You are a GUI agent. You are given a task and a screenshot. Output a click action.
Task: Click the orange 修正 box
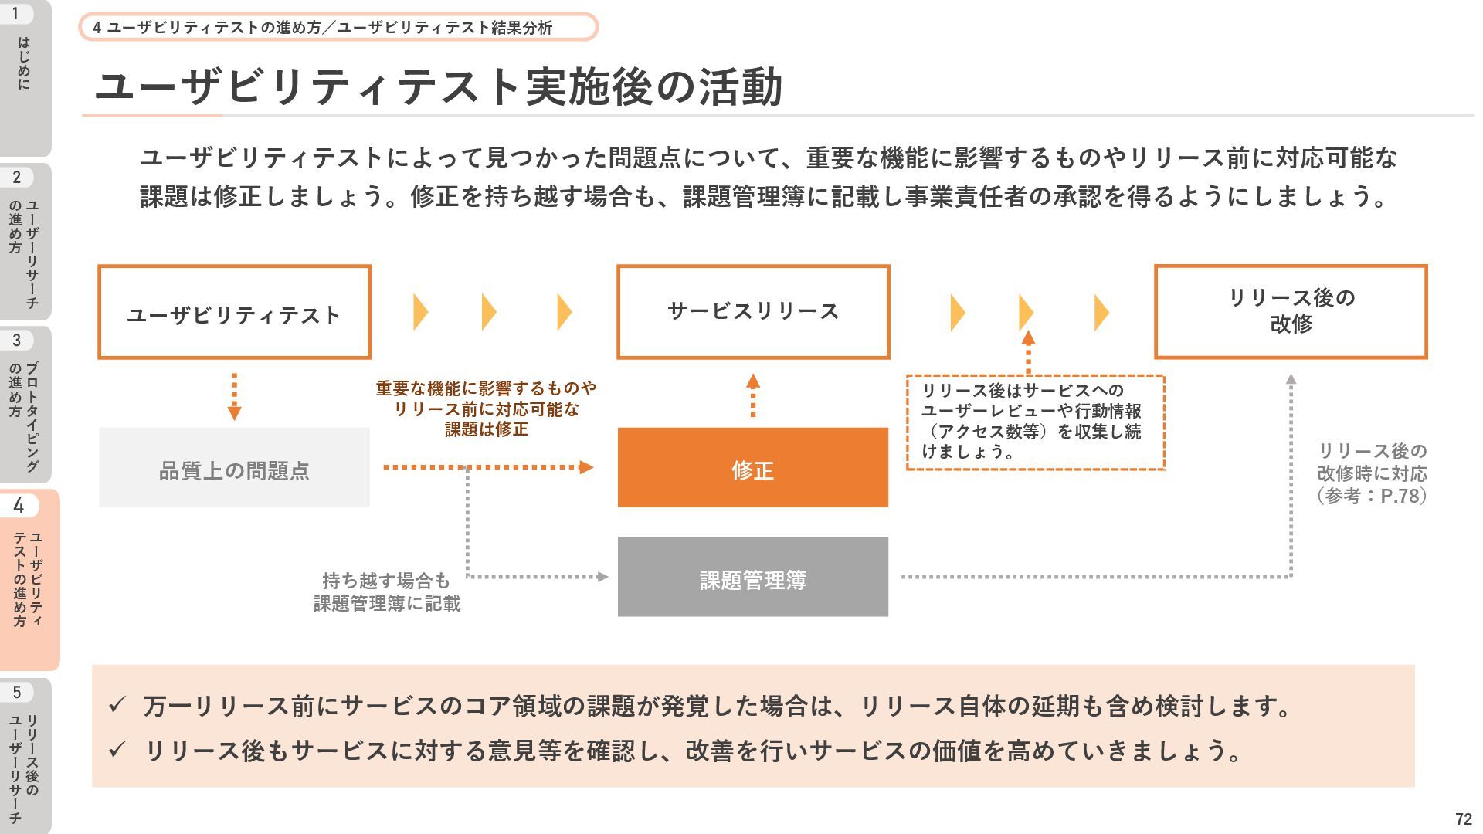pos(753,467)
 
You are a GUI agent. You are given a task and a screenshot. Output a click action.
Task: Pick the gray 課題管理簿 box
pos(753,577)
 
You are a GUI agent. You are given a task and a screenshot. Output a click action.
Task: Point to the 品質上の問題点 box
pos(234,467)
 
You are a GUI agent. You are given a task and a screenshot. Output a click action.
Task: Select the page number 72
pos(1463,819)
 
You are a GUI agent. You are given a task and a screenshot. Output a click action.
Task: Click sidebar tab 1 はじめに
pos(25,77)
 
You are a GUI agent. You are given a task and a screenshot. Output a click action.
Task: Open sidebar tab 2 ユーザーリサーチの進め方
pos(25,241)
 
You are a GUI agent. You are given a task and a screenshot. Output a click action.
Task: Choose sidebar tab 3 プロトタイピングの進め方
pos(25,404)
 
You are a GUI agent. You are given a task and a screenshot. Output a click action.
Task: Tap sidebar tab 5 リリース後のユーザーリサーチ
pos(25,756)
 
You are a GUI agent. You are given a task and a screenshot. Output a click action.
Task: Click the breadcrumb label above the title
pos(338,27)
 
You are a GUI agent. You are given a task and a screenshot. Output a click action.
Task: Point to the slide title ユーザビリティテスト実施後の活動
pos(438,86)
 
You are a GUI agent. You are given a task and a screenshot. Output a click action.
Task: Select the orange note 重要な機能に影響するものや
pos(486,388)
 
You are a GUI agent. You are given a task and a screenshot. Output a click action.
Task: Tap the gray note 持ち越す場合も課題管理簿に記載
pos(386,592)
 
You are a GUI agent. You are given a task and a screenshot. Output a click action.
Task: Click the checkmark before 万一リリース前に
pos(117,704)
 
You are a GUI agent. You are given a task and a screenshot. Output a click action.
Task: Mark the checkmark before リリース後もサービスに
pos(117,748)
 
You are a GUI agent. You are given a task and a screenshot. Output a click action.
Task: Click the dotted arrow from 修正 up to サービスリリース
pos(753,395)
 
